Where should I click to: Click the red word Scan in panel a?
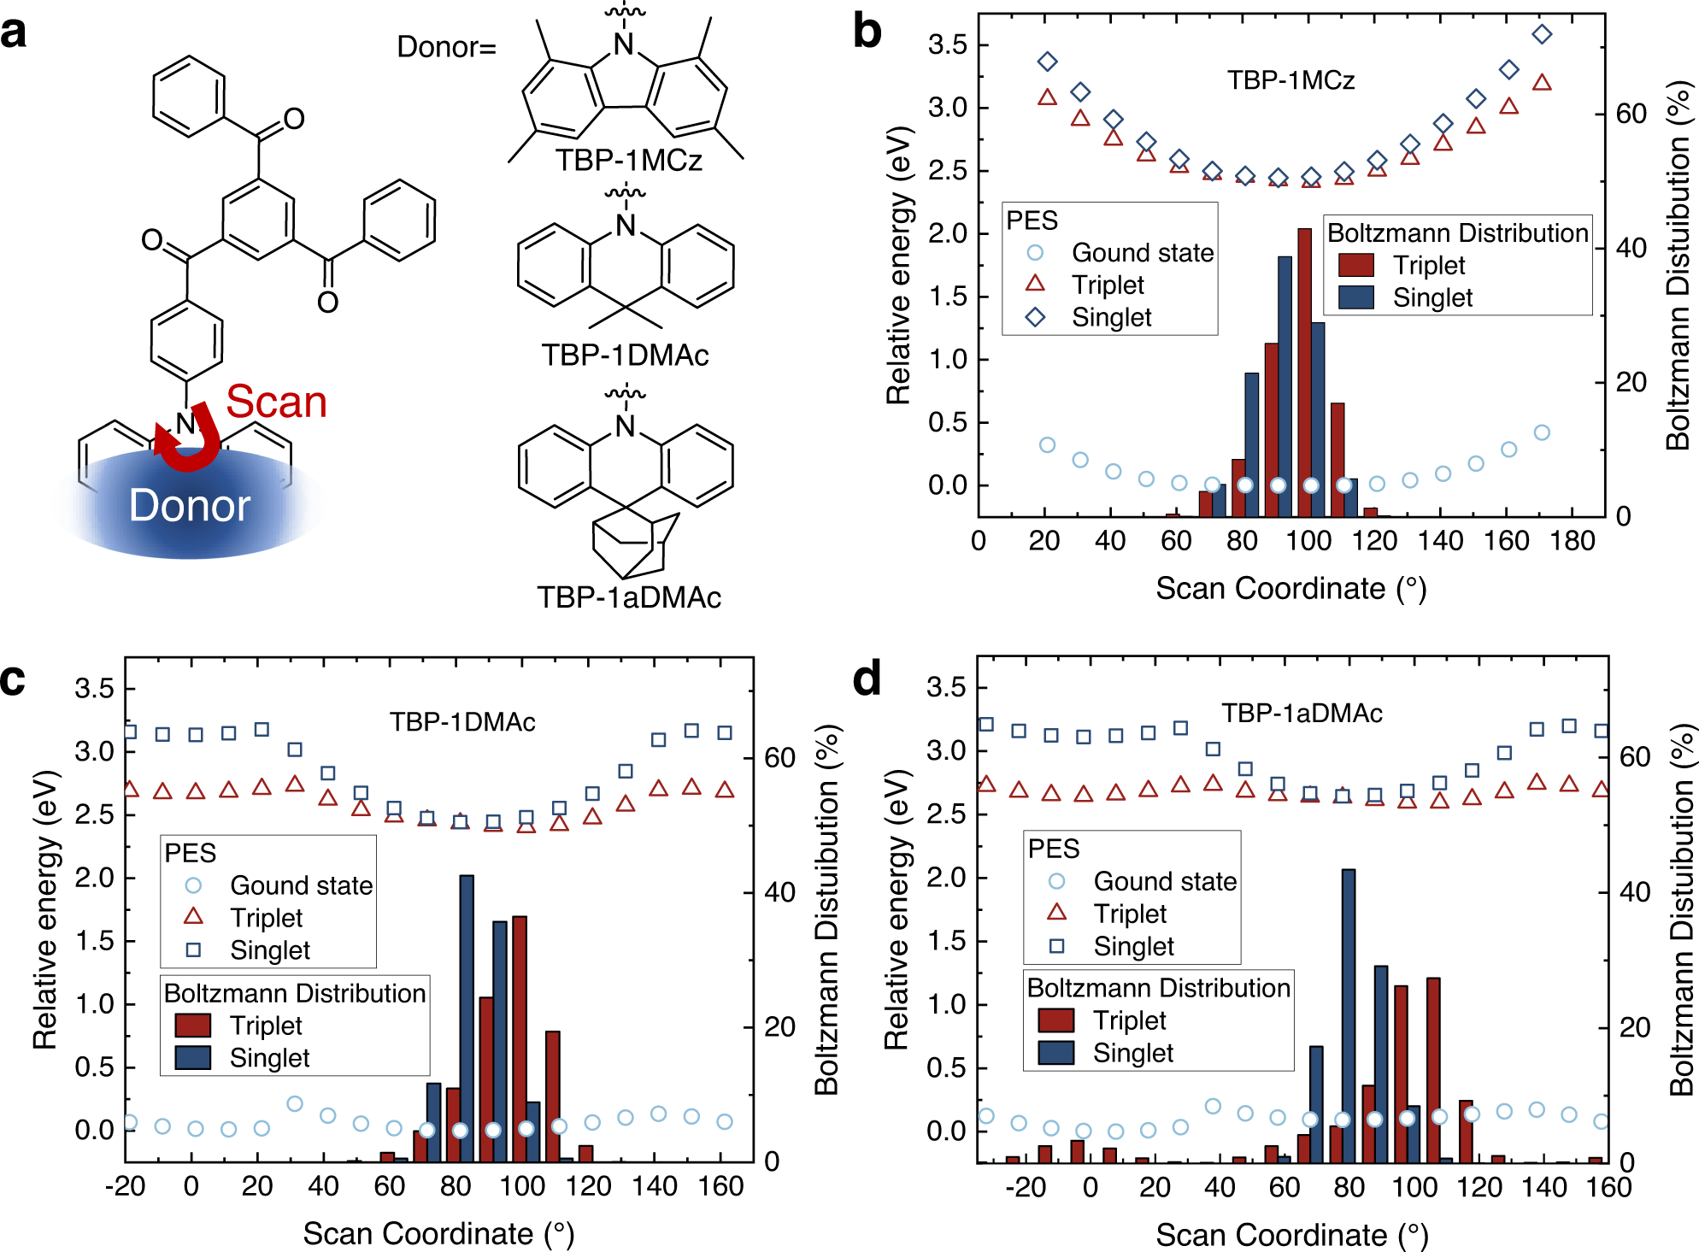[276, 402]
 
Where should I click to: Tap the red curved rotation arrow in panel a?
[190, 440]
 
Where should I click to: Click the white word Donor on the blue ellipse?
[190, 506]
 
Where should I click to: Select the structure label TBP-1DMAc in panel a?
[625, 355]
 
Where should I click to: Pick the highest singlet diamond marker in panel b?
[1542, 34]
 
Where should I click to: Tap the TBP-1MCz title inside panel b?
[1290, 80]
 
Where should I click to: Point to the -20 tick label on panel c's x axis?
[125, 1187]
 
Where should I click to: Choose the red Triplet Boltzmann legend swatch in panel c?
[193, 1026]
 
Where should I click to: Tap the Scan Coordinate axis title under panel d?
[1291, 1235]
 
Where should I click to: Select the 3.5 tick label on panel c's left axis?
[94, 689]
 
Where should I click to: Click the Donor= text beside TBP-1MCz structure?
[446, 47]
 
